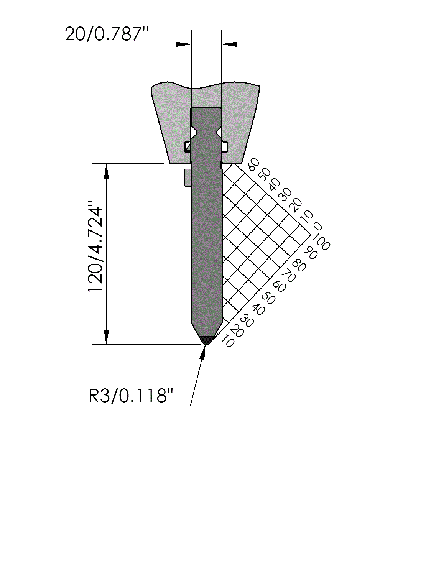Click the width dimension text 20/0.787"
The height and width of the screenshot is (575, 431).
point(107,34)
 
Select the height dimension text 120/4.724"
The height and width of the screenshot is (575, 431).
point(95,246)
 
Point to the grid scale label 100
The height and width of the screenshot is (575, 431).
point(321,241)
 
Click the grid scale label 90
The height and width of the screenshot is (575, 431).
point(311,253)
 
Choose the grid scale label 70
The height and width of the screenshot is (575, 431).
point(288,276)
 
